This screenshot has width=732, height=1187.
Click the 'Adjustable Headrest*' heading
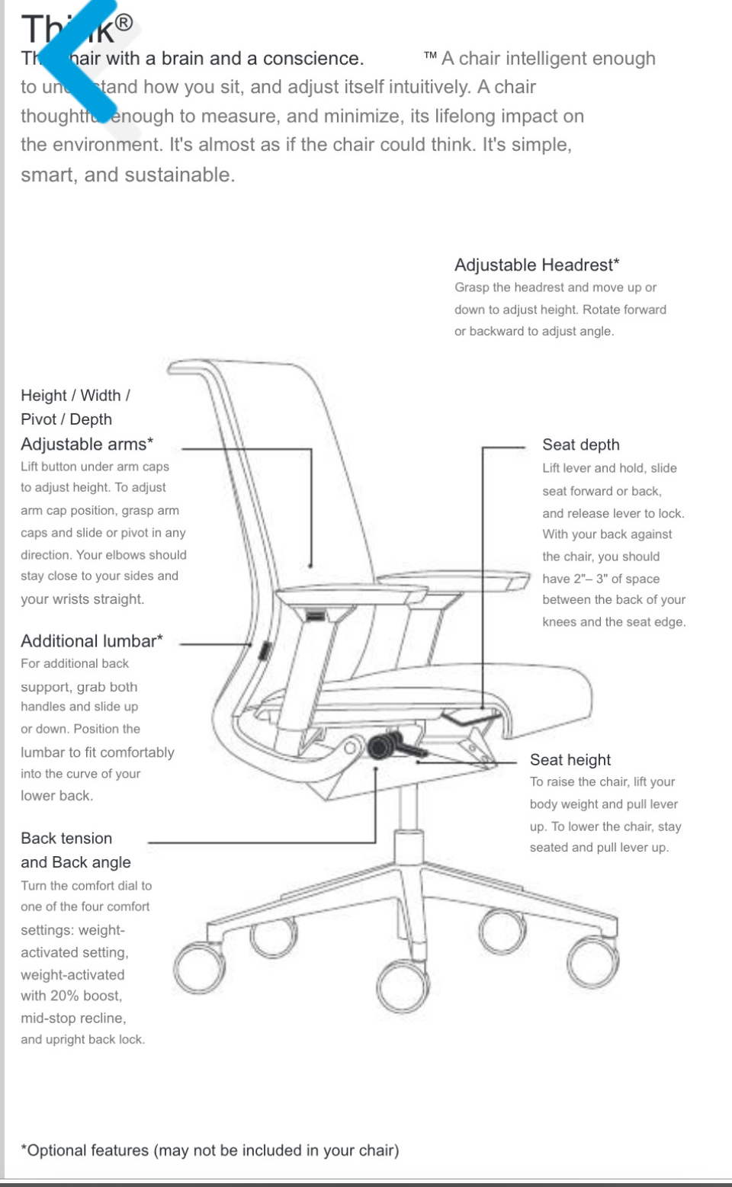pyautogui.click(x=537, y=265)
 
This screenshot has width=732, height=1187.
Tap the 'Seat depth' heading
pyautogui.click(x=580, y=445)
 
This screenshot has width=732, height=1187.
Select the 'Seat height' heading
pyautogui.click(x=570, y=760)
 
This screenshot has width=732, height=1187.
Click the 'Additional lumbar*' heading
pyautogui.click(x=91, y=641)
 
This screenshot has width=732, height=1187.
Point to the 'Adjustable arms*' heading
pyautogui.click(x=87, y=444)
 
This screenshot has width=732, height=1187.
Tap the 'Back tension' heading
pyautogui.click(x=66, y=839)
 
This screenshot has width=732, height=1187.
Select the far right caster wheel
pyautogui.click(x=592, y=963)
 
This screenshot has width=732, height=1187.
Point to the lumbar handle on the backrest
pyautogui.click(x=264, y=652)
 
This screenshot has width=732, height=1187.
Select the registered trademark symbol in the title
pyautogui.click(x=124, y=23)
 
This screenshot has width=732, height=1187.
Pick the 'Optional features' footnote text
pyautogui.click(x=210, y=1150)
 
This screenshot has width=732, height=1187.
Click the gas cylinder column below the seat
pyautogui.click(x=409, y=808)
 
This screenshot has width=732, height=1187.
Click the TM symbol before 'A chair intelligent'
pyautogui.click(x=431, y=56)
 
